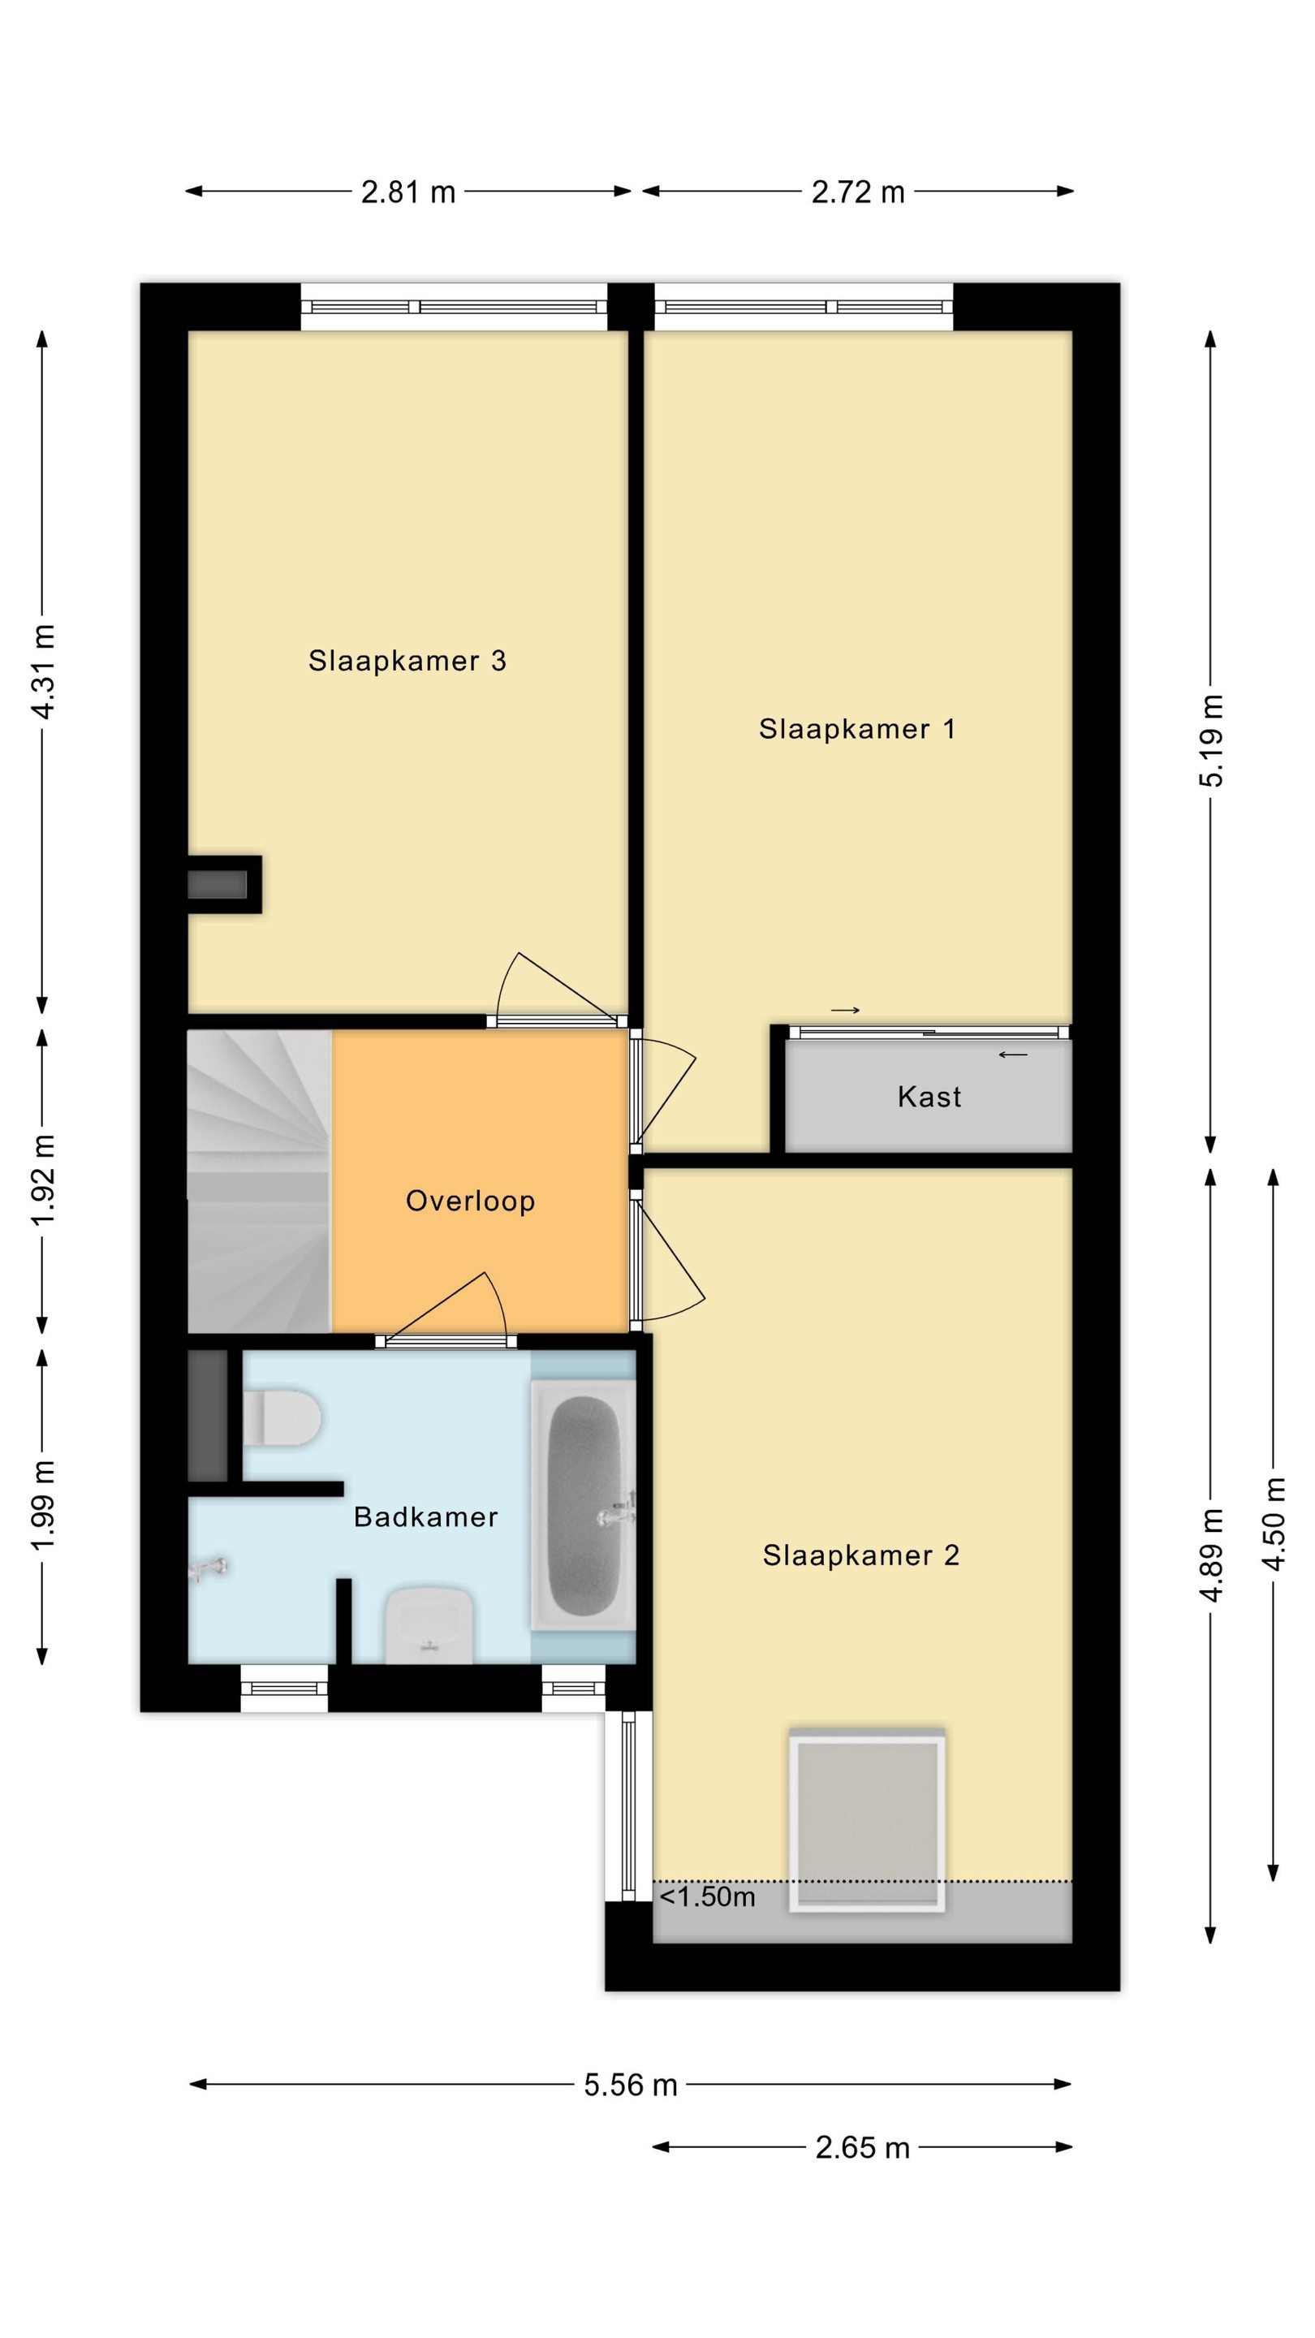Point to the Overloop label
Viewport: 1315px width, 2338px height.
[470, 1201]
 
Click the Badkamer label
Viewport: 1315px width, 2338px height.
[425, 1516]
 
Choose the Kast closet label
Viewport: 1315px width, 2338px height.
[929, 1097]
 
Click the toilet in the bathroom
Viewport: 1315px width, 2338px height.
[282, 1417]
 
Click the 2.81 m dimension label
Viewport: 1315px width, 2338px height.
[407, 192]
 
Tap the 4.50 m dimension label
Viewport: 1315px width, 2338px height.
[1274, 1525]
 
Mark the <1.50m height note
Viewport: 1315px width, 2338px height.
[707, 1897]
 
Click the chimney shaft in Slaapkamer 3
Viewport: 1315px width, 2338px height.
[225, 884]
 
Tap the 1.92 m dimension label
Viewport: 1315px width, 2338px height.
[44, 1180]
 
